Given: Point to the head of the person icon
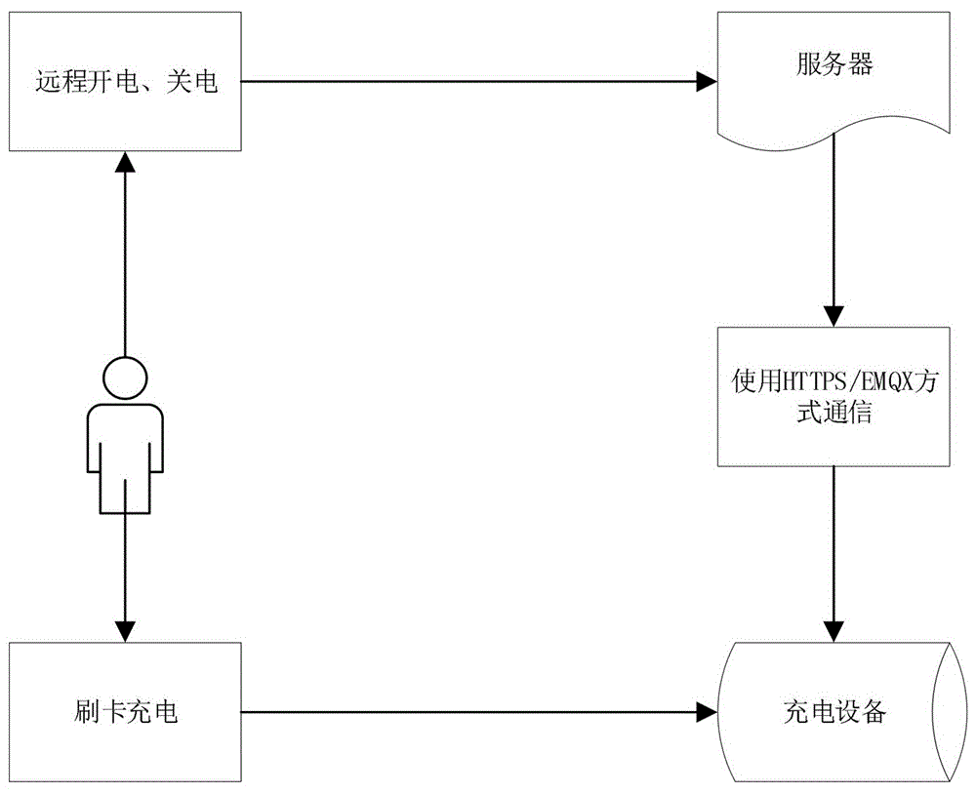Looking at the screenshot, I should pyautogui.click(x=125, y=377).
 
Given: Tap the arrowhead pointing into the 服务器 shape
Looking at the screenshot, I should pyautogui.click(x=707, y=83).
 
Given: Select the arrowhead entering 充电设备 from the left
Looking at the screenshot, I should pyautogui.click(x=707, y=713).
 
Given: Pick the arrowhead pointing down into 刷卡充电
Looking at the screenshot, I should pyautogui.click(x=125, y=633).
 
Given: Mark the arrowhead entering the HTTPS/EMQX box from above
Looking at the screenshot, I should pyautogui.click(x=833, y=316).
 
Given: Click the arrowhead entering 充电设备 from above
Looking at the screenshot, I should pyautogui.click(x=833, y=633).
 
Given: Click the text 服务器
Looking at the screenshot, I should pyautogui.click(x=833, y=66).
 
